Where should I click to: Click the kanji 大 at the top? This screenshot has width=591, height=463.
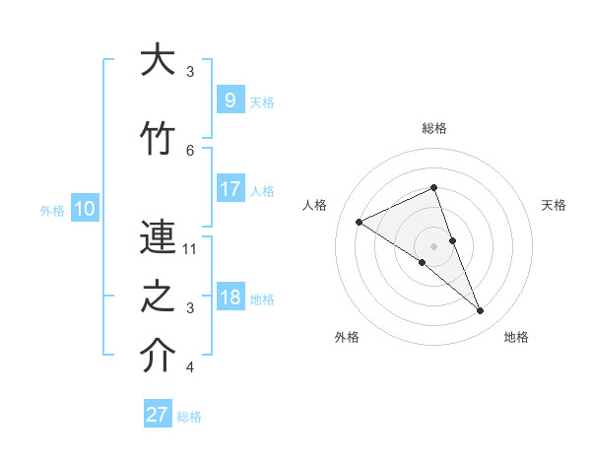point(158,61)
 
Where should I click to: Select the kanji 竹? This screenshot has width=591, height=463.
point(158,138)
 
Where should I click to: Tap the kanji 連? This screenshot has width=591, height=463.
point(158,236)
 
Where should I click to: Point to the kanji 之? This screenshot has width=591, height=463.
point(158,297)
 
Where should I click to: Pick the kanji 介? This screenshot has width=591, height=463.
point(158,357)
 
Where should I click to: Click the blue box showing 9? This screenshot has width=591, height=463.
point(230,99)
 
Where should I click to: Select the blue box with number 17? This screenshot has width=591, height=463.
point(230,189)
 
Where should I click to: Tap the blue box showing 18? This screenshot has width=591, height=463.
point(230,298)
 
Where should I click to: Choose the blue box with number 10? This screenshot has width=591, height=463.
point(84,209)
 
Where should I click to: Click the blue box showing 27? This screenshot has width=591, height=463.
point(158,415)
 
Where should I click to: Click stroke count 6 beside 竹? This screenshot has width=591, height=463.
point(190,150)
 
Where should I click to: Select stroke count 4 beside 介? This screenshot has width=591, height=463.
point(190,368)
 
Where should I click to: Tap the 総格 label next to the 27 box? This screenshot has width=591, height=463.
point(189,417)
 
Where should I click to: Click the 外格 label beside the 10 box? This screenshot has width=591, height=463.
point(52,211)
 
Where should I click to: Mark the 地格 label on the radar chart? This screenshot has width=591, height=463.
point(516,337)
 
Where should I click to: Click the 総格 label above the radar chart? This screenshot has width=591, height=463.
point(433,128)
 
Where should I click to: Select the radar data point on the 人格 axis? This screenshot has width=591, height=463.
point(360,222)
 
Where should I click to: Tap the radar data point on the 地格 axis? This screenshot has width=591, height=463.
point(481,311)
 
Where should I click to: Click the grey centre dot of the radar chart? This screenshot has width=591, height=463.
point(433,245)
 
